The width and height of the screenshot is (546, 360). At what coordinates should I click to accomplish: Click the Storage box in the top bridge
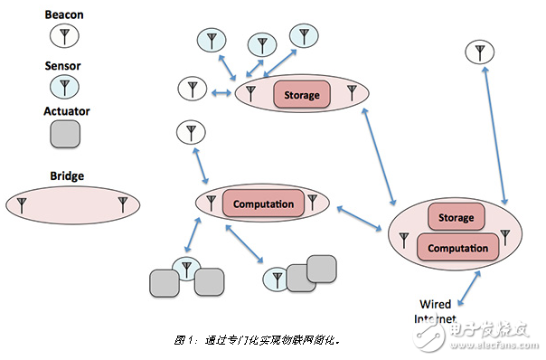302,94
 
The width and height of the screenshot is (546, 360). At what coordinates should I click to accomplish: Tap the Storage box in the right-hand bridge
456,218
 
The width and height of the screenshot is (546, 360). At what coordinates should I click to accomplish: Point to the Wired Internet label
433,311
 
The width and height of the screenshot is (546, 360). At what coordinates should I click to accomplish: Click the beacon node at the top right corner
479,52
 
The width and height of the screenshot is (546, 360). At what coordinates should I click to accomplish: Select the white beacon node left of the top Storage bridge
192,90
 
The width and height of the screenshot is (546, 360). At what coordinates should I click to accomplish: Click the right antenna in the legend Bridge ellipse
123,204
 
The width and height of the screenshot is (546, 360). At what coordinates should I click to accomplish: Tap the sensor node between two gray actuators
185,268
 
